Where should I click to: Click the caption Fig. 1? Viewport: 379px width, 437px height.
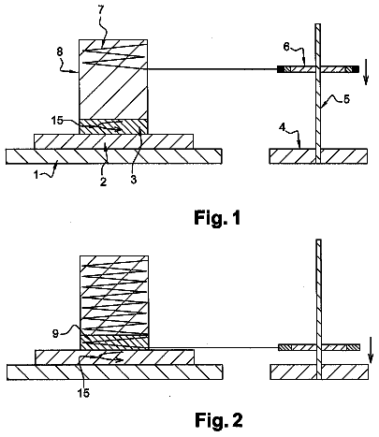pos(217,217)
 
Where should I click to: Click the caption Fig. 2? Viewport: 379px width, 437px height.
pos(218,419)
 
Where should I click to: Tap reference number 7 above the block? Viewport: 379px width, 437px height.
pos(100,10)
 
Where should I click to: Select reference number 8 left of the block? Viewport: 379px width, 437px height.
pos(60,52)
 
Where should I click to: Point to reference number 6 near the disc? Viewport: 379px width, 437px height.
pos(286,47)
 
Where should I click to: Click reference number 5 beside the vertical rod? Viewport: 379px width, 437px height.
pos(346,99)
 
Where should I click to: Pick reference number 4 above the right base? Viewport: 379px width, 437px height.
pos(282,128)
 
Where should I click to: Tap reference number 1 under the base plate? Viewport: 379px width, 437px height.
pos(36,175)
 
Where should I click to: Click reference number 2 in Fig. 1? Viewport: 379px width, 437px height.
pos(103,182)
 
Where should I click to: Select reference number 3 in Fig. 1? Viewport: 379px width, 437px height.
pos(134,180)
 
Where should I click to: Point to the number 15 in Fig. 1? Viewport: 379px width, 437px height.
pos(57,121)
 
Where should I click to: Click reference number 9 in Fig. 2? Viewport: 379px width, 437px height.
pos(55,334)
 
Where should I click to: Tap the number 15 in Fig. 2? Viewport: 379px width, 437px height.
pos(83,393)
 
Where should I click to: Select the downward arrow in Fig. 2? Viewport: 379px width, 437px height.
pos(371,350)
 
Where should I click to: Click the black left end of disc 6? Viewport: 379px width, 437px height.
pos(282,69)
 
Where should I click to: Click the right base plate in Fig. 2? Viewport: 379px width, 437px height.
pos(319,371)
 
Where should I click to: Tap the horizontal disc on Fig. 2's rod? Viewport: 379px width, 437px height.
pos(319,347)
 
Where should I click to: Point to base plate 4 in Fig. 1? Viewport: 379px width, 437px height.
pos(318,156)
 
